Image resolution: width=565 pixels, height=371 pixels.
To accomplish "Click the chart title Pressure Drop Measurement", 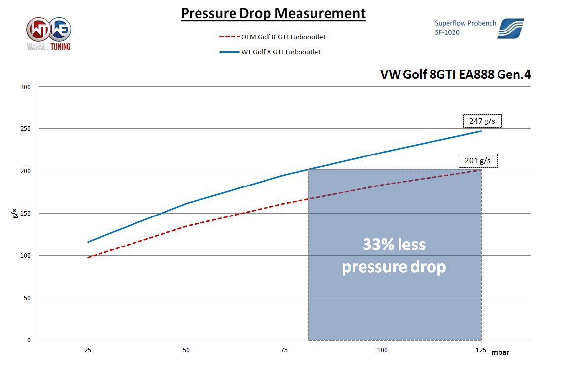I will point(273,13).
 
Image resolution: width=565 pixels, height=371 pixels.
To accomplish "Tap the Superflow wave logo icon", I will point(510,28).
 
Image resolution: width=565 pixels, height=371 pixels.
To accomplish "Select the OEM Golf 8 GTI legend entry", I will point(272,37).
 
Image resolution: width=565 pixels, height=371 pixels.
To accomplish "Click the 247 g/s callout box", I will point(482,121).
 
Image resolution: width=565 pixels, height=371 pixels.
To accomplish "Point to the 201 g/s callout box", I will point(478,161).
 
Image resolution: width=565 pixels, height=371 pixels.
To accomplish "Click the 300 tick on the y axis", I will point(26,87).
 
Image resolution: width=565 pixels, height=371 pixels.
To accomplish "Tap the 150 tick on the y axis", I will point(26,214).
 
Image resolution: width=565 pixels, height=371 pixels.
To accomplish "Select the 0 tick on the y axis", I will point(29,340).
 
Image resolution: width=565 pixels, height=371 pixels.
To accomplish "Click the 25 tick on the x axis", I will point(88,350).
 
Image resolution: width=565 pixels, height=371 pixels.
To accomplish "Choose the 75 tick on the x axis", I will point(284,350).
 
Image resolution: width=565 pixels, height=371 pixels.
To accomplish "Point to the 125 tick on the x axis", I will point(481,350).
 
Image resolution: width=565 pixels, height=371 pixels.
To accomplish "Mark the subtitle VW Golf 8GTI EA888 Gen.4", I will point(455,74).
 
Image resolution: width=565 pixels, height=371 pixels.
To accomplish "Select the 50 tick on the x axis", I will point(186,350).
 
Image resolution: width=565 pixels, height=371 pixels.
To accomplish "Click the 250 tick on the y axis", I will point(26,129).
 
